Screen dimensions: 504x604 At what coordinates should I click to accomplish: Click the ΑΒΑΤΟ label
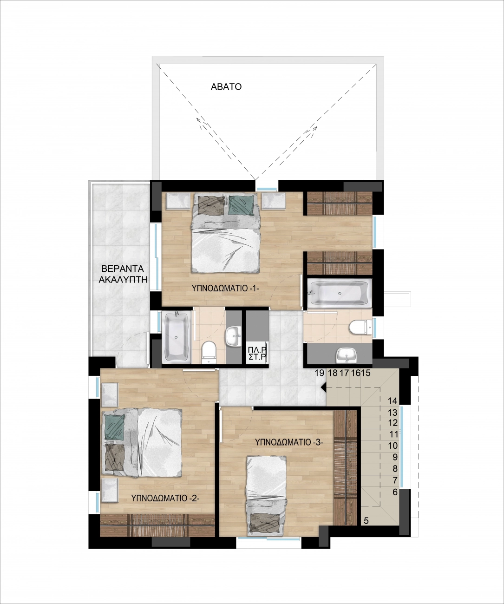click(x=226, y=87)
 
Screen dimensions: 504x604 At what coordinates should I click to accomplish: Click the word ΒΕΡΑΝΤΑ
click(x=123, y=269)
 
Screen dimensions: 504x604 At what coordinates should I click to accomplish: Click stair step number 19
click(x=319, y=373)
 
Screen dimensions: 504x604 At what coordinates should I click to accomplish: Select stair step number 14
click(x=393, y=401)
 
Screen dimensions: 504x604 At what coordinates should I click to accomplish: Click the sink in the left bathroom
click(x=234, y=336)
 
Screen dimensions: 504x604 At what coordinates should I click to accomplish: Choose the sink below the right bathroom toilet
click(x=346, y=355)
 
